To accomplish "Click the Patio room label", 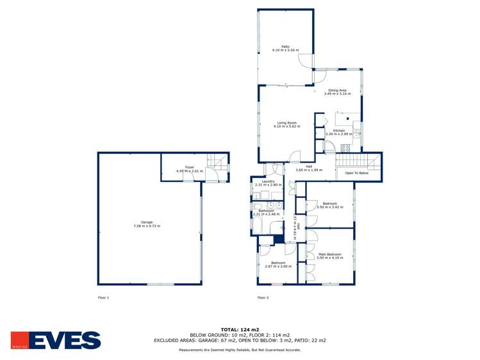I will (x=285, y=46).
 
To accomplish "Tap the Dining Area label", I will (x=337, y=90).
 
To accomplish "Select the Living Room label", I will (x=286, y=123).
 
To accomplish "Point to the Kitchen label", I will (x=338, y=131).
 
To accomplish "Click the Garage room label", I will (x=146, y=222).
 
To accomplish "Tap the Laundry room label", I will (x=268, y=181).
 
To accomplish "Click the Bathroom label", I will (x=266, y=210).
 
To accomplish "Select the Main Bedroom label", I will (x=330, y=254).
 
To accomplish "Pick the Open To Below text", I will (x=357, y=173).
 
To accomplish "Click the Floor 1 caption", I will (x=103, y=297).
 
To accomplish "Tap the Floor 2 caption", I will (x=263, y=297).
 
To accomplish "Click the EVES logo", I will (x=56, y=340).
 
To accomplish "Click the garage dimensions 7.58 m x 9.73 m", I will (x=146, y=226).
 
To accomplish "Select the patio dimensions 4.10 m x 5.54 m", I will (x=285, y=50).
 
